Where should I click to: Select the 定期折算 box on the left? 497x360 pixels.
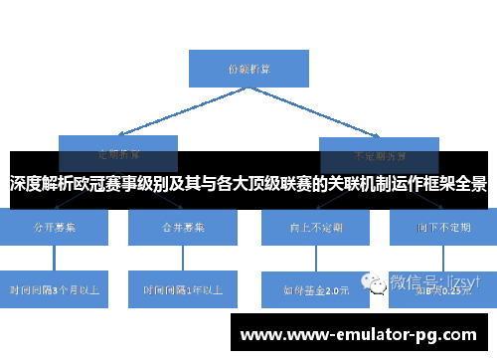point(117,145)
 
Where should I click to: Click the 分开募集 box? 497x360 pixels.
point(53,228)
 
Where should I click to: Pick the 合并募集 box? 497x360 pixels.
point(182,228)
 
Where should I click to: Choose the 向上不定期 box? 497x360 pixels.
point(315,228)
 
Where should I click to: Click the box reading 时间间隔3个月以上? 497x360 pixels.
point(53,288)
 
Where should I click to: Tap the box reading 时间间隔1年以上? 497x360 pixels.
point(182,288)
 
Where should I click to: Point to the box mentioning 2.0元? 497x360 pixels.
point(315,290)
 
